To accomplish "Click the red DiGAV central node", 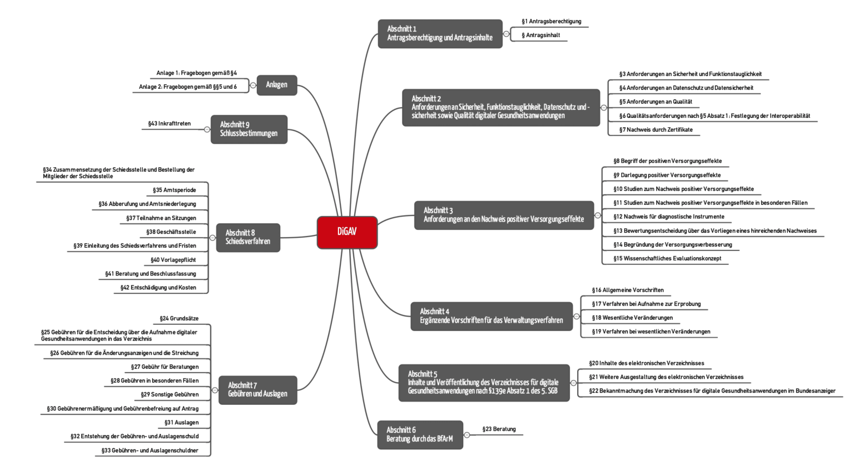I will [347, 232].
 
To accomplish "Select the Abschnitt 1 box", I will [440, 34].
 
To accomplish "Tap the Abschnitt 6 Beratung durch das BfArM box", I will [420, 434].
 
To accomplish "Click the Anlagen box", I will [276, 85].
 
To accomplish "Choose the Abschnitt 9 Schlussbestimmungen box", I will [249, 129].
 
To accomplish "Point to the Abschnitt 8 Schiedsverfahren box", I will [248, 237].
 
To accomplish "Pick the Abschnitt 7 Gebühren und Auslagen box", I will [257, 389].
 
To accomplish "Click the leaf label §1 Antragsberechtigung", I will [551, 22].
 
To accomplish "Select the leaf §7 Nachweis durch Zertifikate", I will [656, 130].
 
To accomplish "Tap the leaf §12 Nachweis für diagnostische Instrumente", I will [668, 217].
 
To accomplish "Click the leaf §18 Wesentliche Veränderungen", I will [632, 318].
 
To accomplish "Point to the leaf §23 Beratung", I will [499, 429].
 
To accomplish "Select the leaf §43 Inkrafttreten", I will [169, 124].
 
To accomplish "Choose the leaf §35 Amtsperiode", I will [174, 190].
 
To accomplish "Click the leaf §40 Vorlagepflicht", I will [173, 260].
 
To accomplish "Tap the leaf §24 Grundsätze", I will [178, 318].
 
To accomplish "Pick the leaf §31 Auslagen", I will [181, 423].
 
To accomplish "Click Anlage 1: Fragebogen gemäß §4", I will [196, 73].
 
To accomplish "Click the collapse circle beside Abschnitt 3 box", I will [598, 216].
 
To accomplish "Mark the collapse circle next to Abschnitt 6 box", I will [467, 435].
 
